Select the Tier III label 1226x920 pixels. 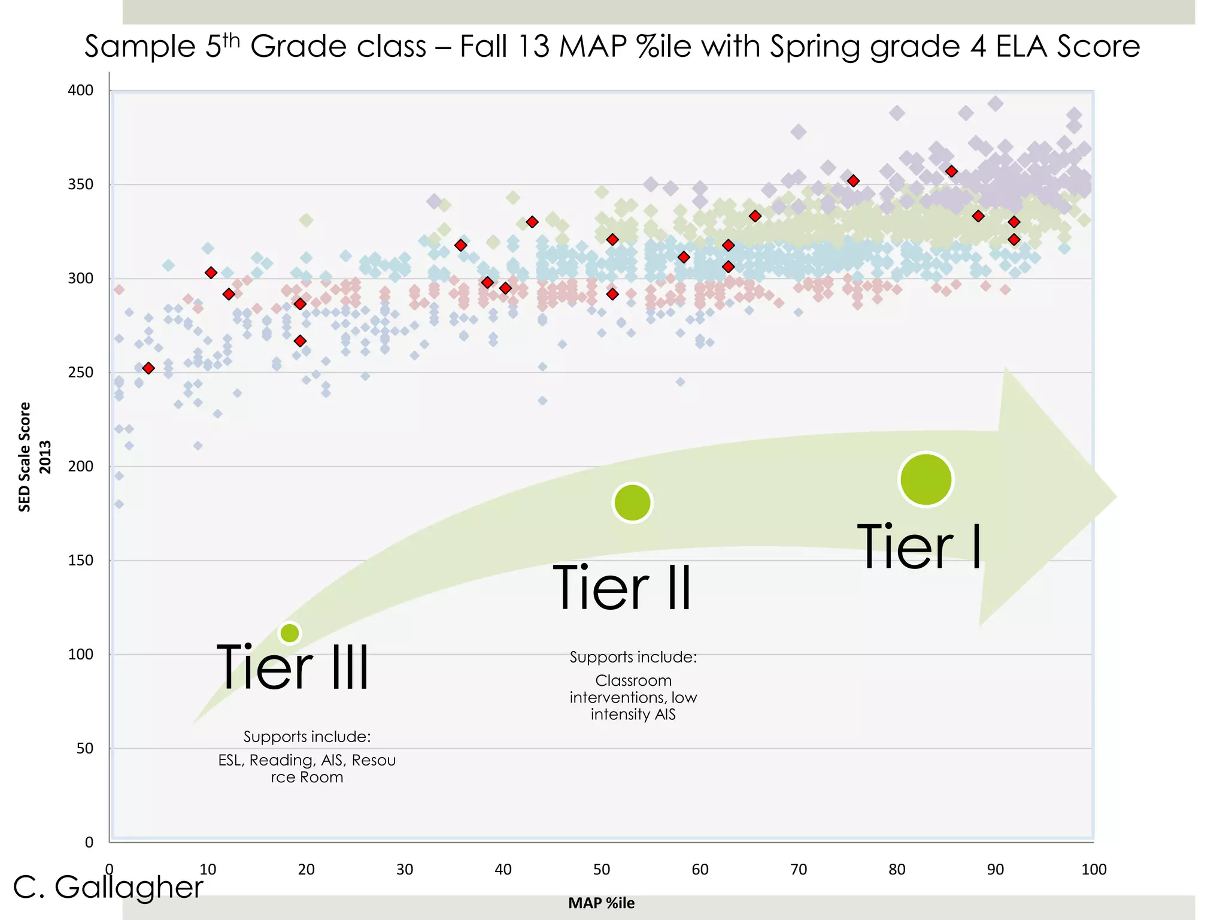[293, 667]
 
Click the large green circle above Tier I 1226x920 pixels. [925, 480]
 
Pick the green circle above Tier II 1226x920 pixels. [632, 503]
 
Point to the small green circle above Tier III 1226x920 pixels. [290, 633]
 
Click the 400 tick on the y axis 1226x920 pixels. [81, 90]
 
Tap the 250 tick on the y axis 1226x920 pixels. [81, 373]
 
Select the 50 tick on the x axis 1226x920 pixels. [601, 870]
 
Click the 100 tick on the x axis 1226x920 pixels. [1093, 870]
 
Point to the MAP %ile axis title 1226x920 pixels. [601, 903]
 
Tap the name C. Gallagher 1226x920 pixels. [108, 887]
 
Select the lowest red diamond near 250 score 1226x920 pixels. [148, 368]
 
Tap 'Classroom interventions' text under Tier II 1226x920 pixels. [633, 689]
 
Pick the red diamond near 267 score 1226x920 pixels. [300, 341]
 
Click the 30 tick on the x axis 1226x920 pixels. [405, 870]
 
